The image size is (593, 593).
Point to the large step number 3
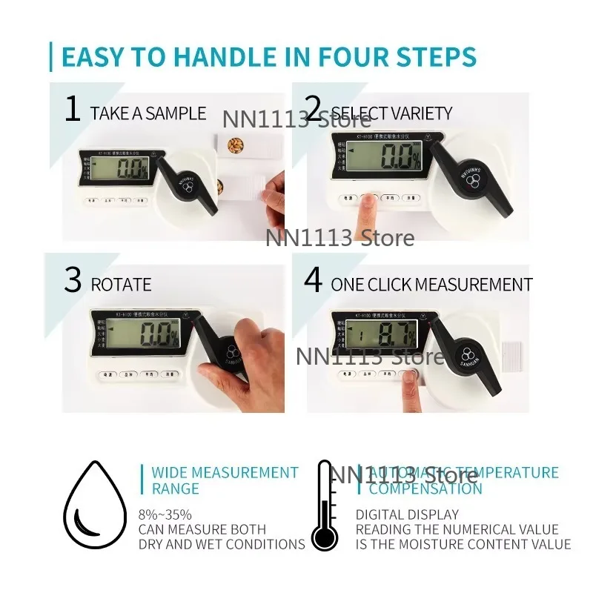[x=72, y=280]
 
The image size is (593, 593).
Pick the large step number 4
[x=314, y=280]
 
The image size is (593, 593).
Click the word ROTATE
[x=121, y=285]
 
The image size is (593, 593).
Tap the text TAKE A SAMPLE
[x=148, y=113]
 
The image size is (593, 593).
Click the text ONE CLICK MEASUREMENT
[x=431, y=285]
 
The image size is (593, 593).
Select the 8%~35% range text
[x=165, y=514]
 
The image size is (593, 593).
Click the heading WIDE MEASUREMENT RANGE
[x=224, y=480]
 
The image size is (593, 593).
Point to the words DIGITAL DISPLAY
[x=407, y=514]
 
